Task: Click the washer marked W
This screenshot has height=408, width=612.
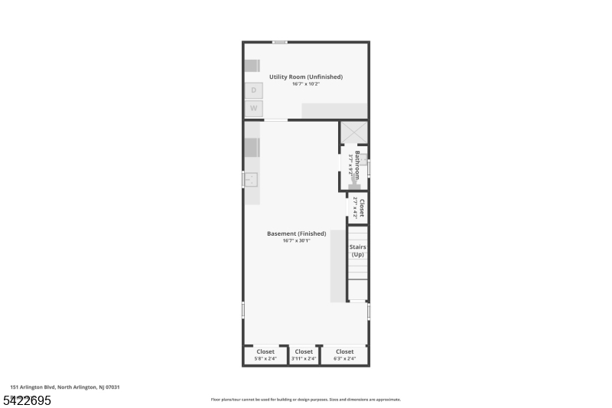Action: point(253,109)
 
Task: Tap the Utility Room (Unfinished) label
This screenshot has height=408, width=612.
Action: point(306,77)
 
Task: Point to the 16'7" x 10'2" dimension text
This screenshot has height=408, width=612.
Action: point(306,84)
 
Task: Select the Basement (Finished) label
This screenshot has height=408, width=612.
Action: point(296,233)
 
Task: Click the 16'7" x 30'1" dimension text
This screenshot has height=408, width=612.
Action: point(296,240)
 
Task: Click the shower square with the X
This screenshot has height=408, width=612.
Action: point(353,132)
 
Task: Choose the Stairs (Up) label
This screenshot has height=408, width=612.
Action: point(357,250)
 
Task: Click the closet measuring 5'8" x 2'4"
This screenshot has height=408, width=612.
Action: point(265,355)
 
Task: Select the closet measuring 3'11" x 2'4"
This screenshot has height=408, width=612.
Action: point(304,355)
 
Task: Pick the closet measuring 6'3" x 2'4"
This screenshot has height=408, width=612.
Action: point(344,355)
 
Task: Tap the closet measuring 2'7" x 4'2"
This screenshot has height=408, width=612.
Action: point(358,209)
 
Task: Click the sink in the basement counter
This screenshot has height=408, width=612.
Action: point(251,179)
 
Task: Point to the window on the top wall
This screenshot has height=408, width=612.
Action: point(280,42)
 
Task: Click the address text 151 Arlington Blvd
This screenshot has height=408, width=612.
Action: point(65,387)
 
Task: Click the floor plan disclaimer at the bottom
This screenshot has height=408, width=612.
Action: point(306,400)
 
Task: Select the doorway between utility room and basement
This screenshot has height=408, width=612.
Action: point(275,120)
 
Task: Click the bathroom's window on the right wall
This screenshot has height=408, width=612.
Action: point(369,168)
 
